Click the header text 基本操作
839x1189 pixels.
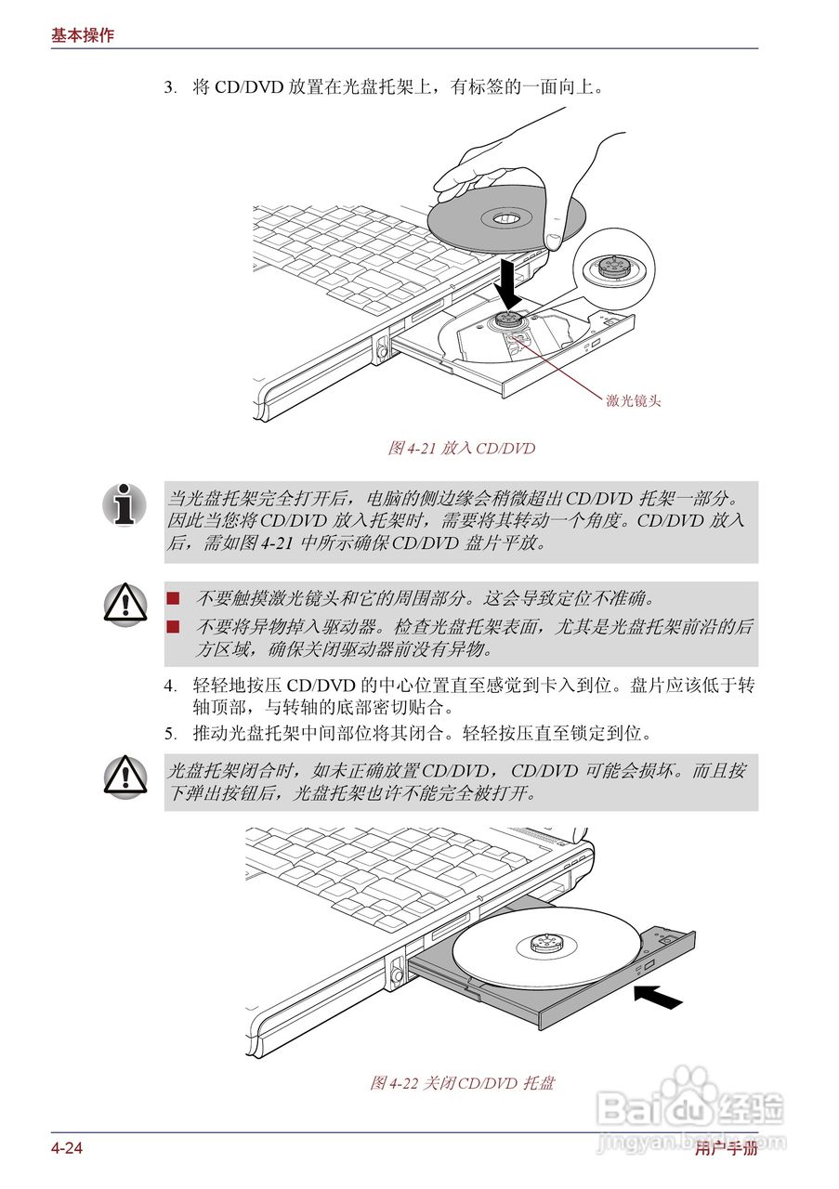(x=83, y=35)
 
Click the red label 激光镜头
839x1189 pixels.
(x=634, y=401)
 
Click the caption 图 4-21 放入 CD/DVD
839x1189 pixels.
(x=461, y=449)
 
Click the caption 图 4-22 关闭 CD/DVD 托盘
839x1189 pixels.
(x=462, y=1083)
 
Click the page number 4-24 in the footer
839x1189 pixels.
(x=67, y=1149)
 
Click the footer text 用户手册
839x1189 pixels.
(x=726, y=1149)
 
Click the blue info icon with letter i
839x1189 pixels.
(x=125, y=505)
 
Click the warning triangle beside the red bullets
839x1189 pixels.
(x=125, y=605)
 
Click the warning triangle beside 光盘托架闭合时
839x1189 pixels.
(x=125, y=776)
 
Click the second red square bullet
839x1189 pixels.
(x=173, y=627)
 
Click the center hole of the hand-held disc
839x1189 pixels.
(x=505, y=218)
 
